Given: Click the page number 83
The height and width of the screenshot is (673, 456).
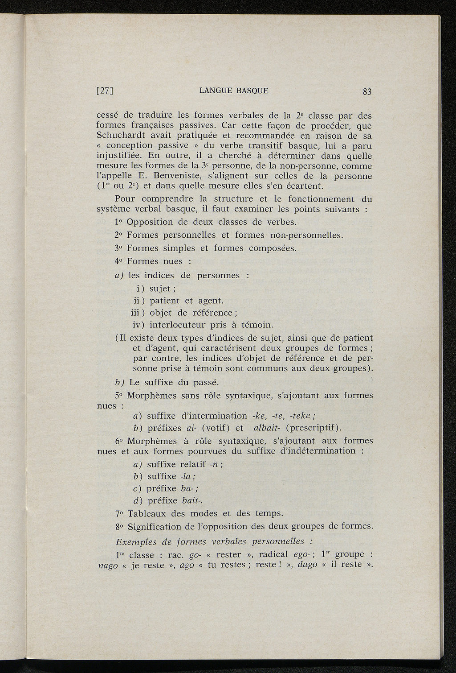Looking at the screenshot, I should click(x=367, y=92).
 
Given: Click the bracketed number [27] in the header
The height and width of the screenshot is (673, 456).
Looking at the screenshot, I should click(x=106, y=91).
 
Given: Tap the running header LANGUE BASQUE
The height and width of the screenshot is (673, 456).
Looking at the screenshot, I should click(x=234, y=91).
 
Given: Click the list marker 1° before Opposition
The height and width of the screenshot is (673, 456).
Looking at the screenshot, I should click(x=119, y=222).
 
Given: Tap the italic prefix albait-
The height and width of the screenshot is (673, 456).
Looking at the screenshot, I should click(x=267, y=428).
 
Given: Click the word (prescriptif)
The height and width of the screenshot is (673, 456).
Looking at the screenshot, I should click(x=314, y=428).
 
